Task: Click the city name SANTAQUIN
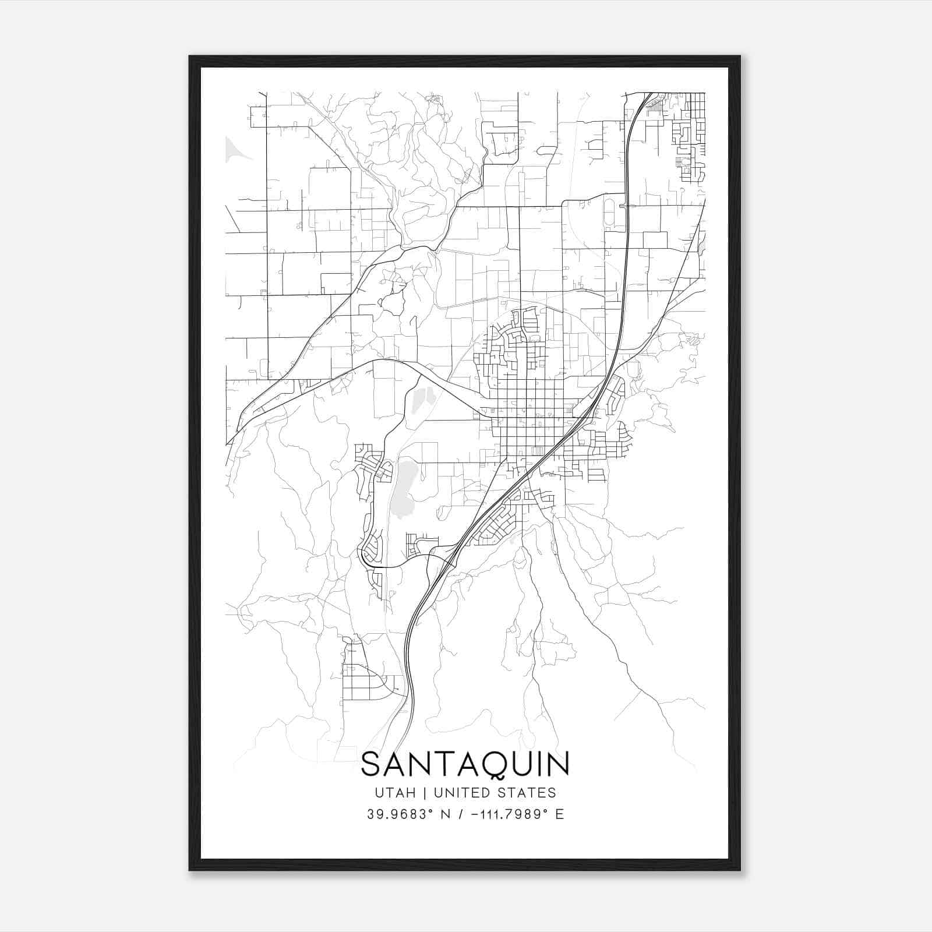coord(465,765)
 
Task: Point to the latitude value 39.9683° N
coord(408,814)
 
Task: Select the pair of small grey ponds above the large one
coord(423,399)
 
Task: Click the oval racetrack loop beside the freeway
coord(609,213)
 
